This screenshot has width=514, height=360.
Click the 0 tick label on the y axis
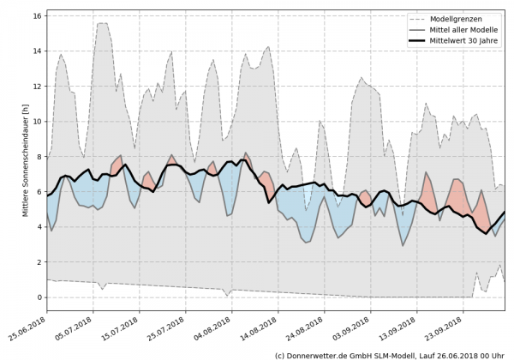(x=39, y=297)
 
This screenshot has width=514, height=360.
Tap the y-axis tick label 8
(x=39, y=157)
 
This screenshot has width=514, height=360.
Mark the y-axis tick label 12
(x=36, y=87)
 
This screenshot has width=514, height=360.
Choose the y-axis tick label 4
(x=39, y=227)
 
